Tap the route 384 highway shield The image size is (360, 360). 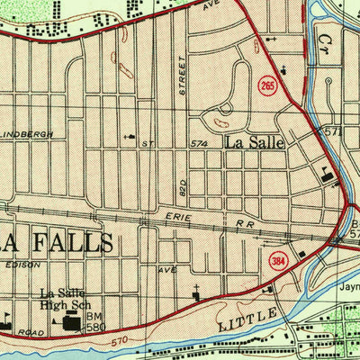(277, 261)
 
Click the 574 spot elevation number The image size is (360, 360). (200, 143)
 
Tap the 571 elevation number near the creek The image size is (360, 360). (335, 131)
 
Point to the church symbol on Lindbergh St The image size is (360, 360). (133, 139)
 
